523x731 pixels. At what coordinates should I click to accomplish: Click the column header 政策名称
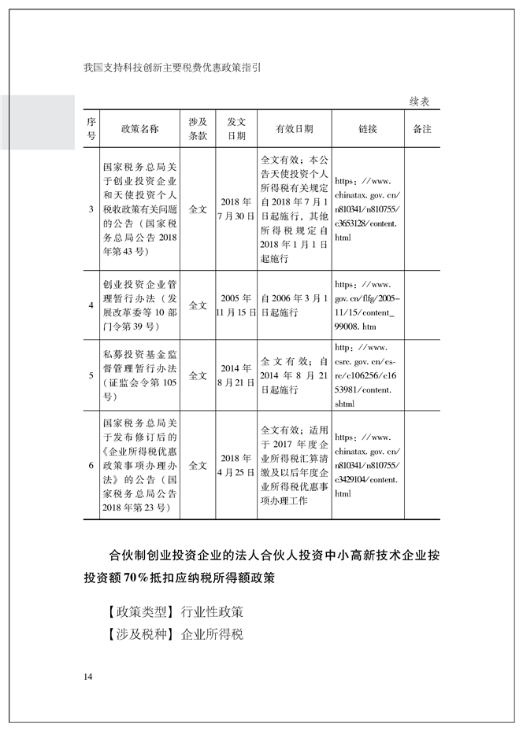(139, 129)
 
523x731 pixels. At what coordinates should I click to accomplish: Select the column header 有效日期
(294, 129)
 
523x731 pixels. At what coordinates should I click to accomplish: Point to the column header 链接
(367, 129)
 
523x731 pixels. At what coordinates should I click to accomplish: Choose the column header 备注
(421, 129)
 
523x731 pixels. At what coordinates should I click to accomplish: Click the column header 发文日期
(236, 129)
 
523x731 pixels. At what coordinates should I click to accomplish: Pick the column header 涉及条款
(198, 129)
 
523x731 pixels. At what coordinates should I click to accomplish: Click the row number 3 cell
(91, 209)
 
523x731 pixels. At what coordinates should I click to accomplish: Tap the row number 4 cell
(91, 305)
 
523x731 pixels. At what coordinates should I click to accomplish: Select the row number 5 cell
(91, 375)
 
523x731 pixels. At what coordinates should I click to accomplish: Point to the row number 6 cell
(91, 465)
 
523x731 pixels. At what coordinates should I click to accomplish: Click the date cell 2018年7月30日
(236, 209)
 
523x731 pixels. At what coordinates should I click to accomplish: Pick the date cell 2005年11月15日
(236, 305)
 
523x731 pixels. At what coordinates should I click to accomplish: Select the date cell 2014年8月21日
(236, 375)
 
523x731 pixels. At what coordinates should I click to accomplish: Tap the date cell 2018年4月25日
(236, 465)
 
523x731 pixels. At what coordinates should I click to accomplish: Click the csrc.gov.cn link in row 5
(367, 375)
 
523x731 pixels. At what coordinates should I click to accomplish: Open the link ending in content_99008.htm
(367, 305)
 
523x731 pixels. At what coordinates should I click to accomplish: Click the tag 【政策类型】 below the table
(132, 611)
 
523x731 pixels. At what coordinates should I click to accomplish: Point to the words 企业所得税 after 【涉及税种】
(212, 634)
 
